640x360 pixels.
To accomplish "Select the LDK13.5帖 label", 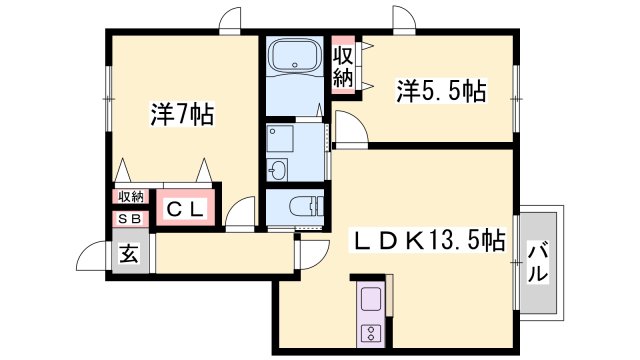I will [x=426, y=240].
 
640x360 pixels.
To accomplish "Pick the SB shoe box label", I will [x=130, y=218].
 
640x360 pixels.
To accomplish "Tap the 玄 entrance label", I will [x=130, y=254].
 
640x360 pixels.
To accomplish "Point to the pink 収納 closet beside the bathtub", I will [x=343, y=65].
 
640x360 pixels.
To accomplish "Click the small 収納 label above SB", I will [x=130, y=196].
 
